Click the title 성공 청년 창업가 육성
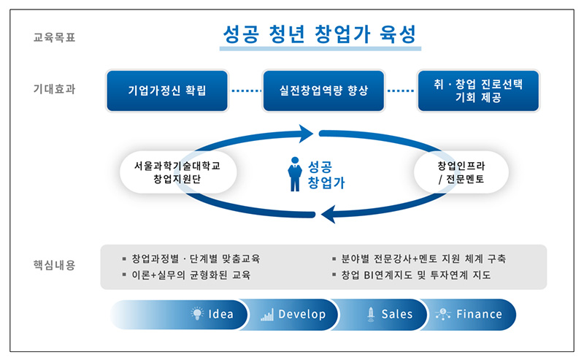point(320,34)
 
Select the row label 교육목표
point(54,37)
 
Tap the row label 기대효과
point(54,89)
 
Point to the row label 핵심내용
point(54,265)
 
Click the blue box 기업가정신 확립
point(167,91)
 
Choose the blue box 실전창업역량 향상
point(323,91)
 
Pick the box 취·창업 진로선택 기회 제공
point(478,91)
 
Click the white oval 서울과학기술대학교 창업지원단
point(177,172)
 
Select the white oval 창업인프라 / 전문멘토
point(461,172)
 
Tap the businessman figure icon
point(295,174)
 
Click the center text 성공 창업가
point(326,175)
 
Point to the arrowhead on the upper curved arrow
point(307,134)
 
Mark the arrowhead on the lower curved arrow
point(328,214)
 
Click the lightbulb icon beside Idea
point(197,313)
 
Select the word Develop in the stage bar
point(302,314)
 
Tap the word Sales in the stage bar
point(397,314)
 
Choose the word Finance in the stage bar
point(479,314)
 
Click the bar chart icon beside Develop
point(267,315)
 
